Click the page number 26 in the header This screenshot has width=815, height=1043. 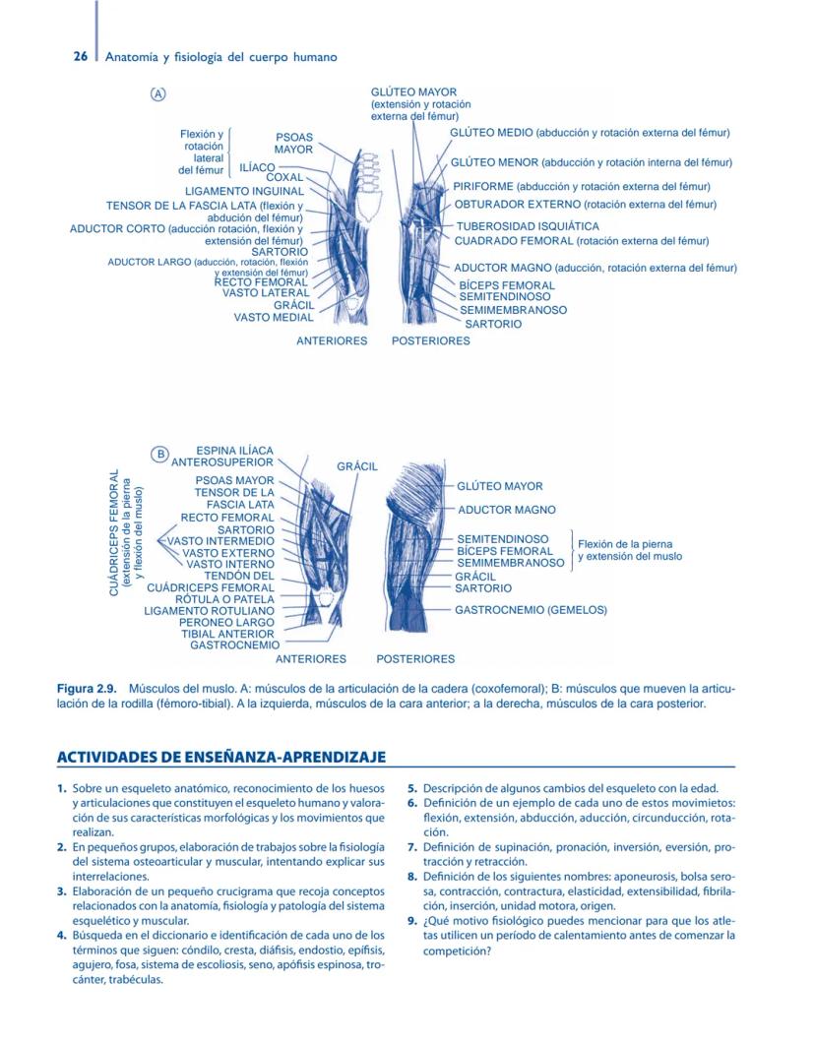[82, 57]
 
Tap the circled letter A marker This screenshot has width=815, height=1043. [157, 93]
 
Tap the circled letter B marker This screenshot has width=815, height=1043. [157, 454]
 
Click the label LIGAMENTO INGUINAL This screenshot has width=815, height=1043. [244, 191]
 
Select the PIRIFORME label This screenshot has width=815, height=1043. [483, 186]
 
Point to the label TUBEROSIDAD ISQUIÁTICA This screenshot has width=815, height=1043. [527, 226]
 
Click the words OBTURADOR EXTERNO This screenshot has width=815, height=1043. [518, 205]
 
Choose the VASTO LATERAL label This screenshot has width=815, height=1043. [266, 292]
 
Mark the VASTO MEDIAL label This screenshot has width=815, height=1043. [274, 317]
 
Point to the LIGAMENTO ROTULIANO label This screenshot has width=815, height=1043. [209, 610]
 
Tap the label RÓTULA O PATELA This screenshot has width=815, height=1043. [224, 598]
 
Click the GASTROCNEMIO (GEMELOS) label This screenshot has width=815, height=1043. [531, 609]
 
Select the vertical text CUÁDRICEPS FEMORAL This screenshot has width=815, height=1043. [115, 531]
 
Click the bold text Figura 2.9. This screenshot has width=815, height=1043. [87, 690]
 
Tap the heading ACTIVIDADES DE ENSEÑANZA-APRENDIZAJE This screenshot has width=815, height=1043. [220, 757]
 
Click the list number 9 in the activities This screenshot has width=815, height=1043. [411, 922]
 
